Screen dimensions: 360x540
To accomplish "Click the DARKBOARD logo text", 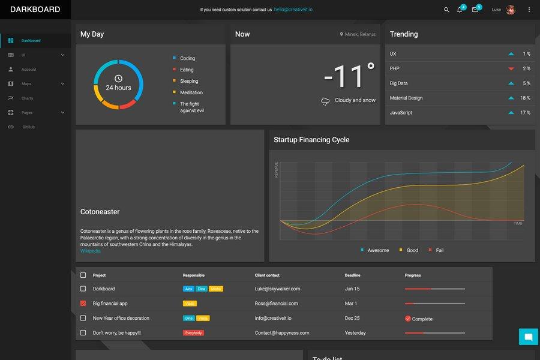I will coord(35,10).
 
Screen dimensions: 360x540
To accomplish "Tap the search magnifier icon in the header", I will coord(446,10).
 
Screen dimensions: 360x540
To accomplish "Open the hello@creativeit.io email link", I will coord(293,10).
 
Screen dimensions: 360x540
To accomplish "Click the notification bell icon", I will coord(460,10).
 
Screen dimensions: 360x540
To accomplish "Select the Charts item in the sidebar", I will coord(28,98).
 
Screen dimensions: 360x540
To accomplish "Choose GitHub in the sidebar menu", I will coord(28,127).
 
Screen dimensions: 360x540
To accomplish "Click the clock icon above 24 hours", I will coord(118,79).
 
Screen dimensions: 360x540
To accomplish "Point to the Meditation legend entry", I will coord(191,92).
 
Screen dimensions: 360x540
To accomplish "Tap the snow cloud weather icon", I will coord(325,101).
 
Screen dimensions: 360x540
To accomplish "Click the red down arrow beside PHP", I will coord(511,69).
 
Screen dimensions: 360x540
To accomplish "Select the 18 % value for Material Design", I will coord(525,98).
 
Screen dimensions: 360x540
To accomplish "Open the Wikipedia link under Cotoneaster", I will coord(91,251).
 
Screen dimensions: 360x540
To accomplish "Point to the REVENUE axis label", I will coord(277,169).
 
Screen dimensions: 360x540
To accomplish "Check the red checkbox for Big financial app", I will coord(83,304).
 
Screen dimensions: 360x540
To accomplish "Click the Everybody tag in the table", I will coord(193,333).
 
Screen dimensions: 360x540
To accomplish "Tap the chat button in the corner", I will coord(528,337).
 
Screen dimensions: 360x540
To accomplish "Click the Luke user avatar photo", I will coord(511,10).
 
